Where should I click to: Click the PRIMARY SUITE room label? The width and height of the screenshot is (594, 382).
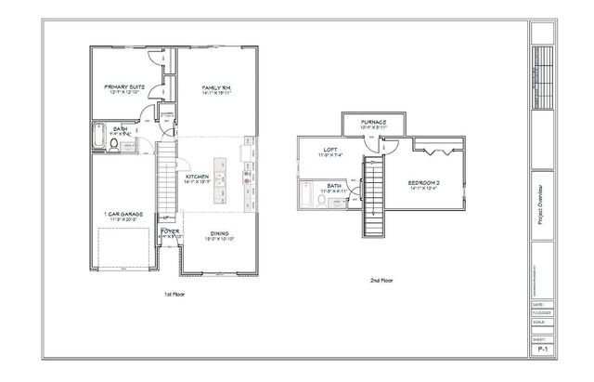click(123, 86)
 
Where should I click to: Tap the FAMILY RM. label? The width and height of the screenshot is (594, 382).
click(215, 87)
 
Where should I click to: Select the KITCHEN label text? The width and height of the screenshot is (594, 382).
click(198, 176)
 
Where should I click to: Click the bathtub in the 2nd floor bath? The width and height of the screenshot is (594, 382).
click(305, 197)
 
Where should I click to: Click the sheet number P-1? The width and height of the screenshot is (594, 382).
click(539, 349)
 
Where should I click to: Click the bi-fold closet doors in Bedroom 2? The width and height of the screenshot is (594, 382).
click(433, 150)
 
